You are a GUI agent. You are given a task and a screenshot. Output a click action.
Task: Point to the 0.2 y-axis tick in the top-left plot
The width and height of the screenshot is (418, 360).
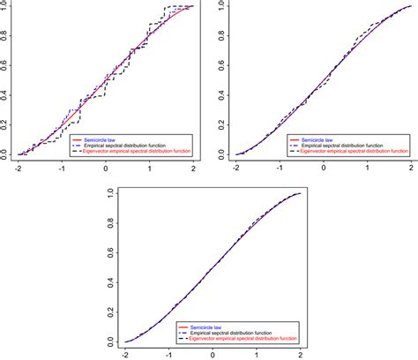[5, 124]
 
